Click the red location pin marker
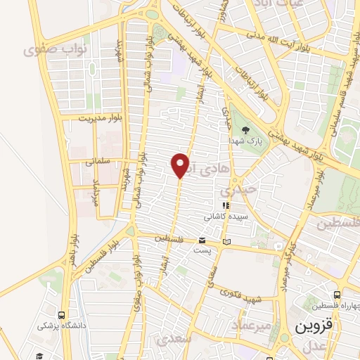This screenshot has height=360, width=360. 181,165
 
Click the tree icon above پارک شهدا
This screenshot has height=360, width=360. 245,130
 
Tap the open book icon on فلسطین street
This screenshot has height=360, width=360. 226,242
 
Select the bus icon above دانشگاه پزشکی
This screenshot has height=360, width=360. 63,315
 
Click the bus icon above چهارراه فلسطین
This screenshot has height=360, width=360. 338,295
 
